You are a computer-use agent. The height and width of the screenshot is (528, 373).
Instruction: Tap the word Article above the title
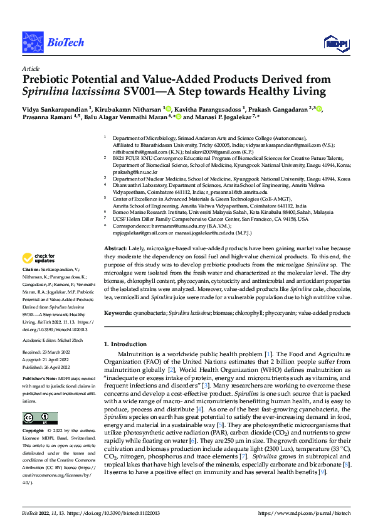point(30,68)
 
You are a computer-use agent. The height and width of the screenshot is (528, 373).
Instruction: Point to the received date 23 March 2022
point(54,352)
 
